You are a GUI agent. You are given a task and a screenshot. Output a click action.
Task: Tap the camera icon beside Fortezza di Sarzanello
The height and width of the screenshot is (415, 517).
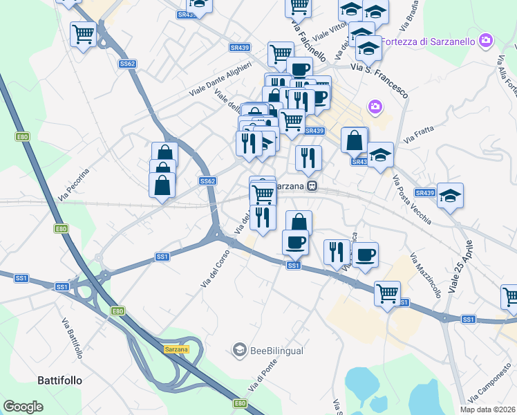tap(487, 40)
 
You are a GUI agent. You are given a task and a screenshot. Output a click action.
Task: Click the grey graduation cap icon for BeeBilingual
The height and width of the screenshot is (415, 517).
tap(240, 351)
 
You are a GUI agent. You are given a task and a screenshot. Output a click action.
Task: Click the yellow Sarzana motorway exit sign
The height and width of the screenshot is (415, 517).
tap(176, 350)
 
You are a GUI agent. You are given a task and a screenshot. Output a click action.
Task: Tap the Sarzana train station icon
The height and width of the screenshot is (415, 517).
tap(312, 186)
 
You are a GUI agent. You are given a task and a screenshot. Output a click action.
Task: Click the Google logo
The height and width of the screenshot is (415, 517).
tap(23, 407)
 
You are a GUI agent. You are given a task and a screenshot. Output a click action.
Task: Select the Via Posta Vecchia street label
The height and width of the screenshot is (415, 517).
tap(412, 200)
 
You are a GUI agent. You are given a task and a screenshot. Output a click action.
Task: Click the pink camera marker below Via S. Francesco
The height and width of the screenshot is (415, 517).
tap(375, 107)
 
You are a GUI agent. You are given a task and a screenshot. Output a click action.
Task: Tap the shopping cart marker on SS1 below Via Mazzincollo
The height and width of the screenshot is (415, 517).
tap(387, 293)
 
